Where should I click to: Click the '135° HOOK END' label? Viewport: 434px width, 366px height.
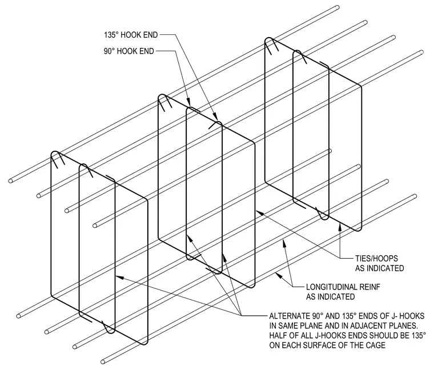131,35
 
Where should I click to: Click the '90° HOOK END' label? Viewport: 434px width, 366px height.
128,51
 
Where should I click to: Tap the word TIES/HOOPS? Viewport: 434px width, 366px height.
376,258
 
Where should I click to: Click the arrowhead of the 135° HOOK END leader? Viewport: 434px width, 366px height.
215,116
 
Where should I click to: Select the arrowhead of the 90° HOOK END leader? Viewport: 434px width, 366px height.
188,101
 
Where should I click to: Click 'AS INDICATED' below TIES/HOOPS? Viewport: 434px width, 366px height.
380,268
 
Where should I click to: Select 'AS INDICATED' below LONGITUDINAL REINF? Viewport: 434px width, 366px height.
330,296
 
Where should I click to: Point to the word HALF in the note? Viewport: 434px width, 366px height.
278,336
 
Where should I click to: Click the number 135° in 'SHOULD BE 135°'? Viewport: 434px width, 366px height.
418,336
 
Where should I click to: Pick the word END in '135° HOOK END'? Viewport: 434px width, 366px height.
151,35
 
